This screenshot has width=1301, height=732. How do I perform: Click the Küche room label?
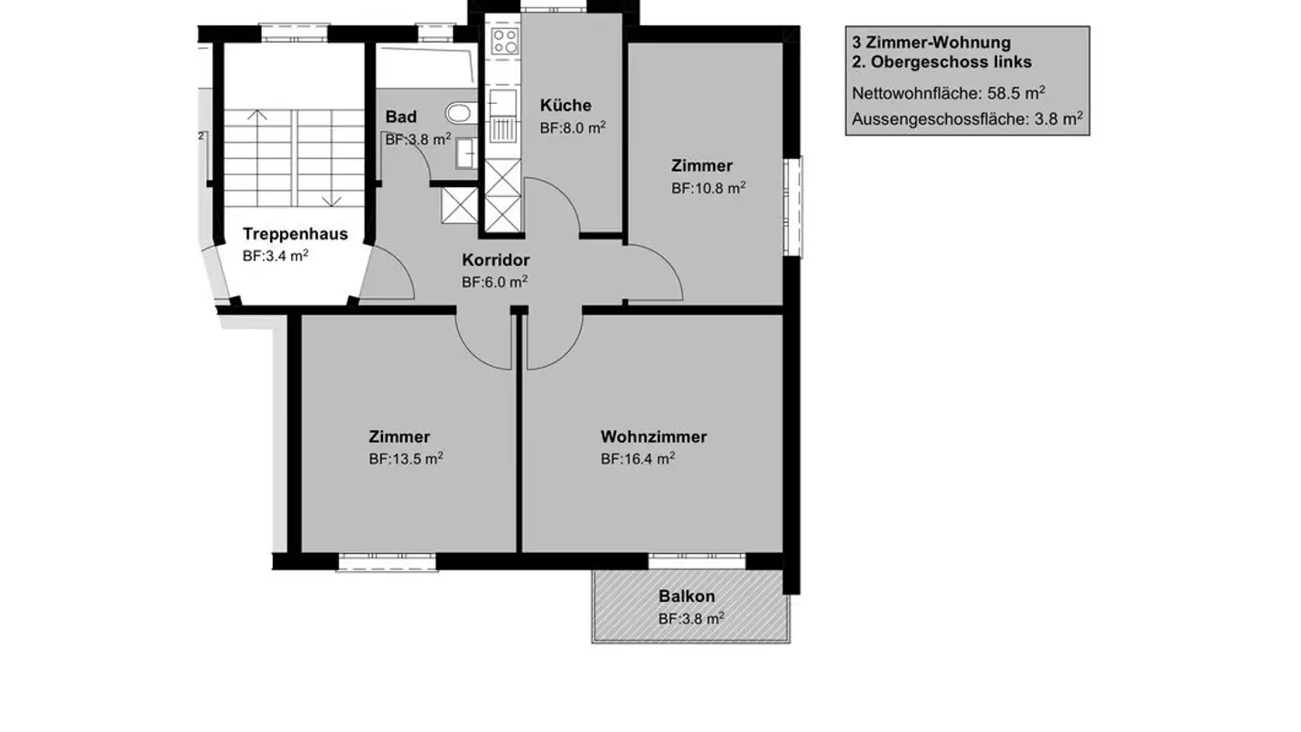coord(566,105)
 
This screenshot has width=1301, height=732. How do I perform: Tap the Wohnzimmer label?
coord(653,436)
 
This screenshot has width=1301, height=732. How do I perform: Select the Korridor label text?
coord(495,259)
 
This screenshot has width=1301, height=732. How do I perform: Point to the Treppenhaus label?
coord(295,233)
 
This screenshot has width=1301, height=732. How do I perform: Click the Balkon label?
coord(687,596)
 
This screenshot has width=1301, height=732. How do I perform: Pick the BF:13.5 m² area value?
coord(406,458)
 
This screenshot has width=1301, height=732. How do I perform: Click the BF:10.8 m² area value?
coord(708,188)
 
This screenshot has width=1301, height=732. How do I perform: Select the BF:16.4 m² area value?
coord(638,458)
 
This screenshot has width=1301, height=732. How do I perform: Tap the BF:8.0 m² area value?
coord(573,127)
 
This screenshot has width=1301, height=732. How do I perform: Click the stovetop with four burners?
coord(504,42)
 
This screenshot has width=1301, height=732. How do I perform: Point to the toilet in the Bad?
coord(461,113)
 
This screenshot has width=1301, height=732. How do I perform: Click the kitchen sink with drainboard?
coord(503,117)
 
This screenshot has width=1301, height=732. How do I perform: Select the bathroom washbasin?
coord(466,154)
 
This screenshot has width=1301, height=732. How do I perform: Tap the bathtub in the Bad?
coord(426,68)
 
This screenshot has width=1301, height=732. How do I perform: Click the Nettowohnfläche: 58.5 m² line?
coord(949,93)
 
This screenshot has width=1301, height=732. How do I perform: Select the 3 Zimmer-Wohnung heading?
coord(931,42)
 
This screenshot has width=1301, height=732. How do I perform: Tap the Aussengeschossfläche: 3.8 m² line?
coord(967,119)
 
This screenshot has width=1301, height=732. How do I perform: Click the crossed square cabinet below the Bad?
coord(459,205)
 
